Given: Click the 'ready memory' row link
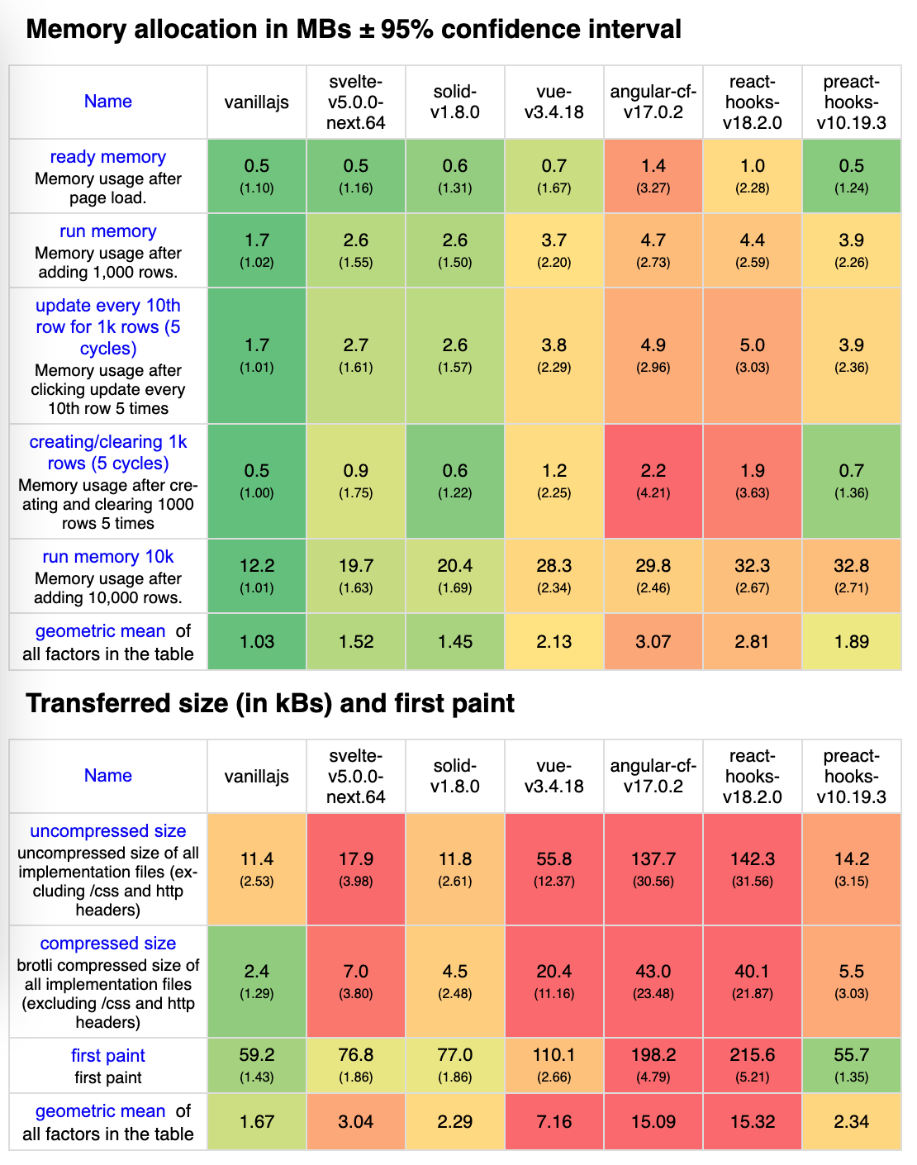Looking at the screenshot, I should click(107, 157).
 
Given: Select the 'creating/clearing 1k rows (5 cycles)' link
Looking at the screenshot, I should click(108, 453).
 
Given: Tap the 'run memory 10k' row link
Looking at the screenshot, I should click(108, 557).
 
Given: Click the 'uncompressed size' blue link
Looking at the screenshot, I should click(108, 831).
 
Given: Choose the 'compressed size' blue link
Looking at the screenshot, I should click(108, 944).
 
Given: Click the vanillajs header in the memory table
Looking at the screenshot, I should click(257, 102).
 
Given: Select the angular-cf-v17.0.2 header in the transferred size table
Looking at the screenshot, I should click(653, 776).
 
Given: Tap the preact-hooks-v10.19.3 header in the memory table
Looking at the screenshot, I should click(851, 102).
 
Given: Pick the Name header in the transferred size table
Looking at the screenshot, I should click(108, 776).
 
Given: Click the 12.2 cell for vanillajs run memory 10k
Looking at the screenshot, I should click(257, 567).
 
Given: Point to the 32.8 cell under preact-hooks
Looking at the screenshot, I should click(851, 567).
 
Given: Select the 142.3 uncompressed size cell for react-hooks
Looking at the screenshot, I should click(752, 860).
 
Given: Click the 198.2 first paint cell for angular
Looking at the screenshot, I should click(653, 1056).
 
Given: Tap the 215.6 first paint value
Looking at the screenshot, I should click(752, 1056).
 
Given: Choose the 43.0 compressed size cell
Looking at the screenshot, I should click(653, 972).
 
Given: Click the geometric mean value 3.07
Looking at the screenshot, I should click(653, 642).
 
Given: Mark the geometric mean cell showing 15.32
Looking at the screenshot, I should click(752, 1122).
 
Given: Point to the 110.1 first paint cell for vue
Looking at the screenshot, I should click(554, 1056).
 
